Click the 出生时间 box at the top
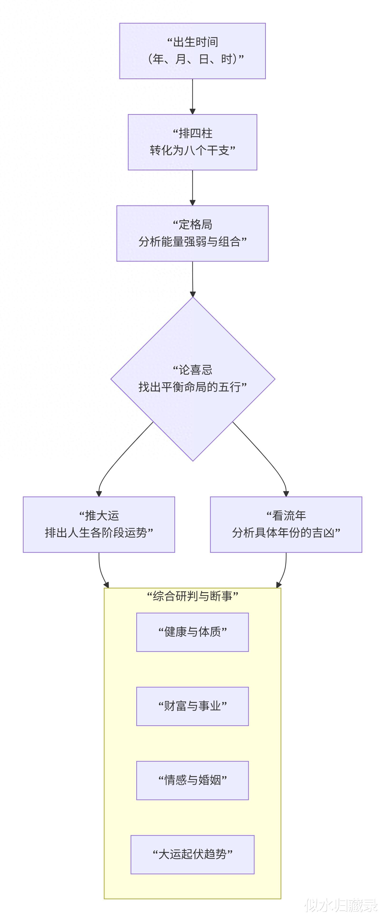192,51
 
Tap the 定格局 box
192,233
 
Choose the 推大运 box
99,524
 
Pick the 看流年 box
286,524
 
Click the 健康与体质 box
192,632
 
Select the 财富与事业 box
192,706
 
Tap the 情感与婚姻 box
192,780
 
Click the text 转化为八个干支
192,150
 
